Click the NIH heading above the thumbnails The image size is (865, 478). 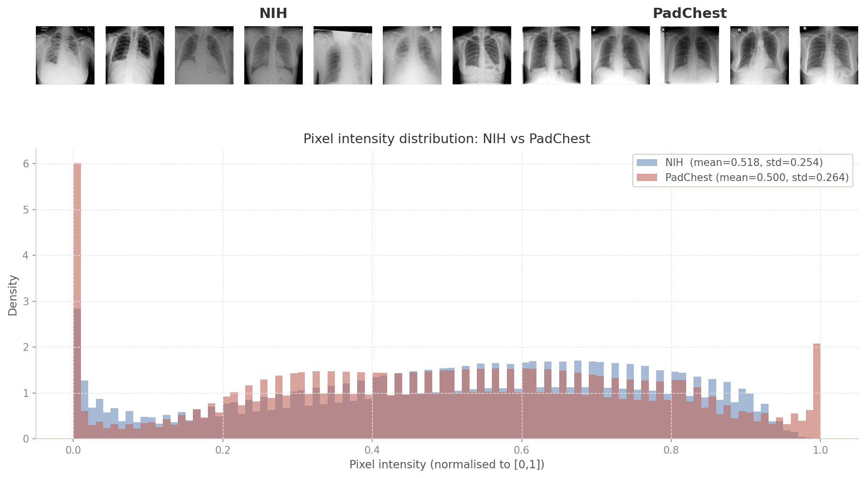[273, 14]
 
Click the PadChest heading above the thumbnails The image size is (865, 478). [689, 14]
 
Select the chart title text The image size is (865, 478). [446, 139]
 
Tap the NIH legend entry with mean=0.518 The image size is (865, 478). [743, 163]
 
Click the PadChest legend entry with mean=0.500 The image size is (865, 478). [756, 178]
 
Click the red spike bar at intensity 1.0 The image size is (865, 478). [817, 388]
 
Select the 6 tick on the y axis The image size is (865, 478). [26, 164]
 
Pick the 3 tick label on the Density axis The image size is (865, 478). [26, 302]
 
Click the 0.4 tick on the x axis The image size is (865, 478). [372, 450]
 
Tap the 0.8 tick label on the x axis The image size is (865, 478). [671, 450]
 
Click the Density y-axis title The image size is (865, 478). [13, 295]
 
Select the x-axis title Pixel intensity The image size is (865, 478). [446, 465]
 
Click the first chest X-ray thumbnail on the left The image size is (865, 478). [65, 55]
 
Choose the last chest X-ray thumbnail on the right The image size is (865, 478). [829, 55]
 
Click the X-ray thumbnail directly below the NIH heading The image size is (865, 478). [273, 55]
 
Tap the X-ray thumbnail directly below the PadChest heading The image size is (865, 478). [690, 55]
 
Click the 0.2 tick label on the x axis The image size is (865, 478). [223, 450]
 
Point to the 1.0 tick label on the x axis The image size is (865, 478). [820, 450]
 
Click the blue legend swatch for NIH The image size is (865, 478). [647, 163]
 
